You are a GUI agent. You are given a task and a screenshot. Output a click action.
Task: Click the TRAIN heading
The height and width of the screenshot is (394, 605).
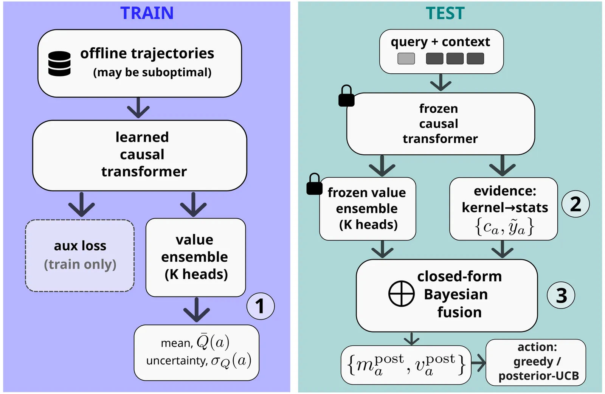tap(147, 13)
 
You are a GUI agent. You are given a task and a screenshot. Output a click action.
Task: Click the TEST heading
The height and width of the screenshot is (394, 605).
tap(445, 13)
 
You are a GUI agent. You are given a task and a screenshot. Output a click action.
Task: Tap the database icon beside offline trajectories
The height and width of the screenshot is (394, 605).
tap(59, 64)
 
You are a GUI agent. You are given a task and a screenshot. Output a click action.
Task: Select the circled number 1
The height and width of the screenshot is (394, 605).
tap(260, 306)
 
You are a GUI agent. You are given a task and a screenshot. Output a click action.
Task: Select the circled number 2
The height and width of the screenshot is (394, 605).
tap(575, 204)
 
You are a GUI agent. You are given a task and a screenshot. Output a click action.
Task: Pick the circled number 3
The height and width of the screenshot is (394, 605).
tap(561, 295)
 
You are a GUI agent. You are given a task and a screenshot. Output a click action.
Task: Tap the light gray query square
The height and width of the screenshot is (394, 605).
tap(406, 59)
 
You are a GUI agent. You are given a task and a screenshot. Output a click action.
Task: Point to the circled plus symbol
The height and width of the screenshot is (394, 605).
tap(402, 293)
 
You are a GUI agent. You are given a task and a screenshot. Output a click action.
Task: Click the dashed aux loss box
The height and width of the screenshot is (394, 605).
tap(80, 255)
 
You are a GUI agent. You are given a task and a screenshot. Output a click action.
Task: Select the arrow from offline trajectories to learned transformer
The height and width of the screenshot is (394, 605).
tap(138, 108)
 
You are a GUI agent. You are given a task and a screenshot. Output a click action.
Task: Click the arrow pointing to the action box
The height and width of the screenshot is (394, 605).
tap(478, 363)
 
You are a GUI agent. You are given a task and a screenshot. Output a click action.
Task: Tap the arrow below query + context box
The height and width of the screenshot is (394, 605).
tap(441, 82)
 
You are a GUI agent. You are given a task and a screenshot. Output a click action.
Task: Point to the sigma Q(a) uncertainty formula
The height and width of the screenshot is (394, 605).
tap(231, 361)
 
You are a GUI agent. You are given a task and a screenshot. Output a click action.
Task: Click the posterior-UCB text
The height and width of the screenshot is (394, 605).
tap(538, 376)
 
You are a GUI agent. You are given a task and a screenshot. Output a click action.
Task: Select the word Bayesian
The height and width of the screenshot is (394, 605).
tap(456, 294)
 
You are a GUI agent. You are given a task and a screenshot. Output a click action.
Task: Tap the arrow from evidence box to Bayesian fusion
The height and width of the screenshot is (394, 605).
tap(503, 250)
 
